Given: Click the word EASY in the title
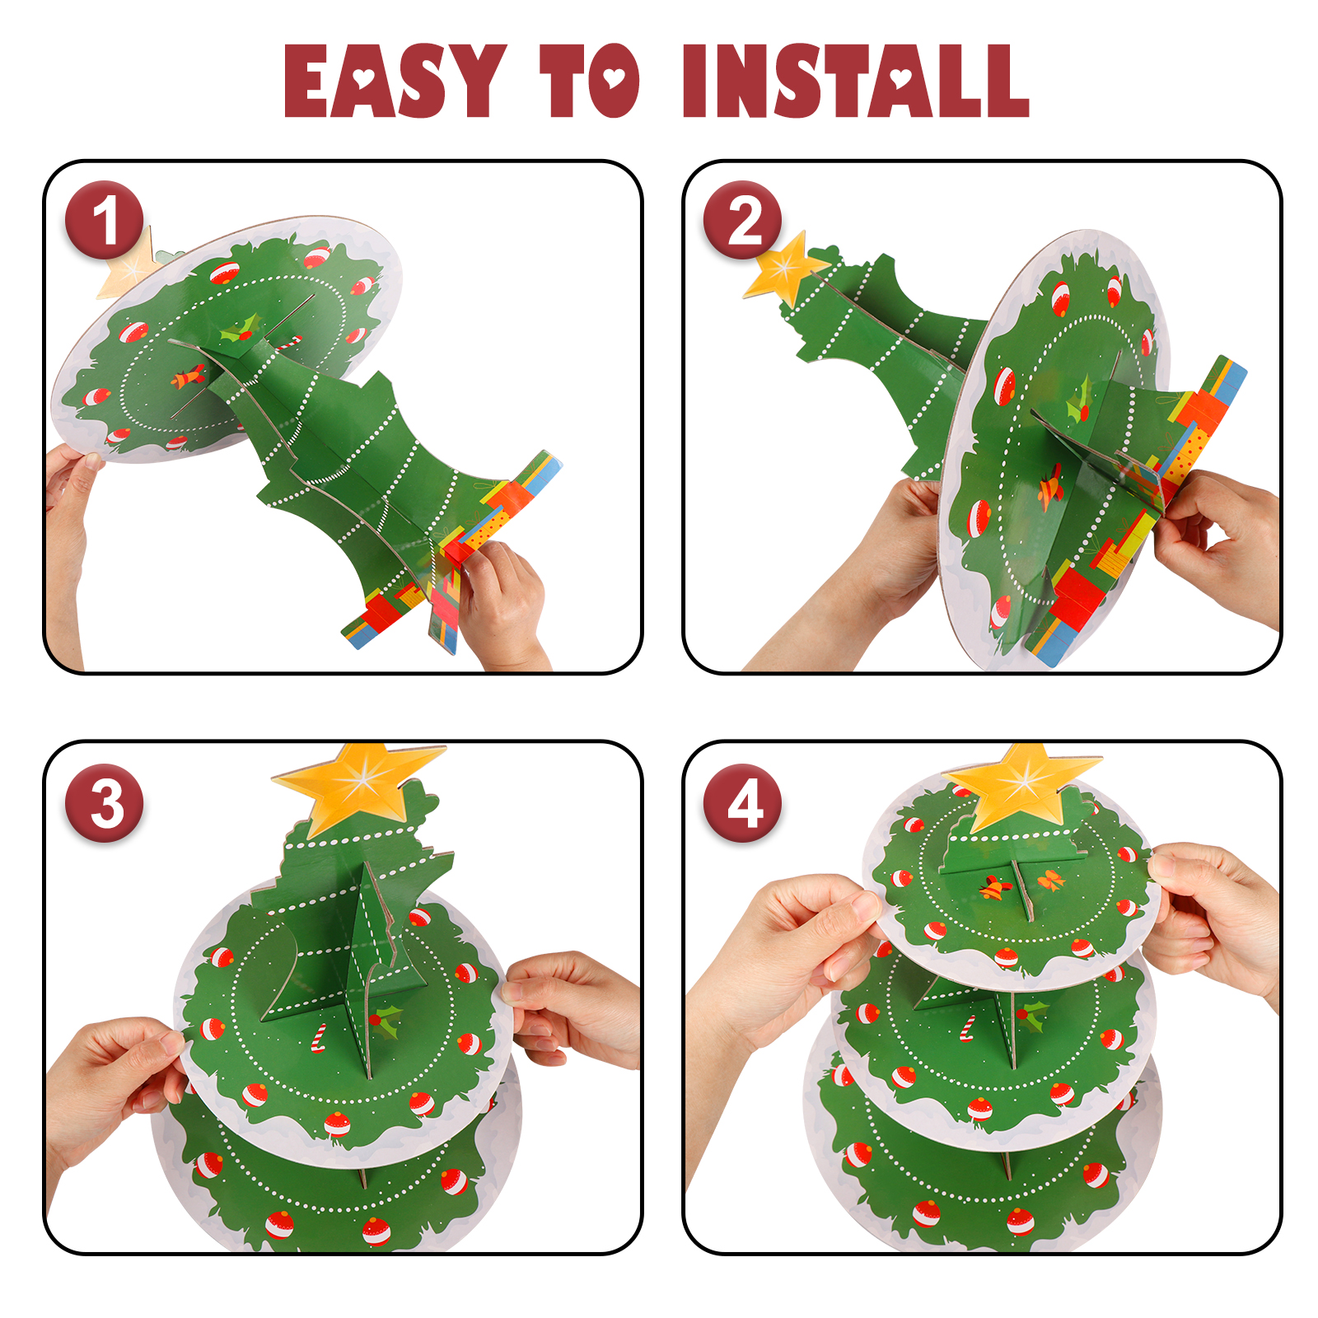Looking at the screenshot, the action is point(395,80).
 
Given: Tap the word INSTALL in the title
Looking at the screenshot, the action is point(856,80).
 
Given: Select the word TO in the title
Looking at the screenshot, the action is point(590,80).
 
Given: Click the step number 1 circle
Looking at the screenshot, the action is point(105,220).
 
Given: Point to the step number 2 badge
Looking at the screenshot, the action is point(743,220).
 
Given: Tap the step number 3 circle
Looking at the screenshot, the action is point(105,803).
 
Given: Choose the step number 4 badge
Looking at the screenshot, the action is point(743,803).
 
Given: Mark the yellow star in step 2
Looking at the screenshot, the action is point(783,268).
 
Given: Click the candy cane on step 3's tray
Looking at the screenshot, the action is point(318,1038).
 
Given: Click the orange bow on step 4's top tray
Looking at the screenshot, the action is point(1051,881).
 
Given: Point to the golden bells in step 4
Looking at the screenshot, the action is point(995,886).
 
